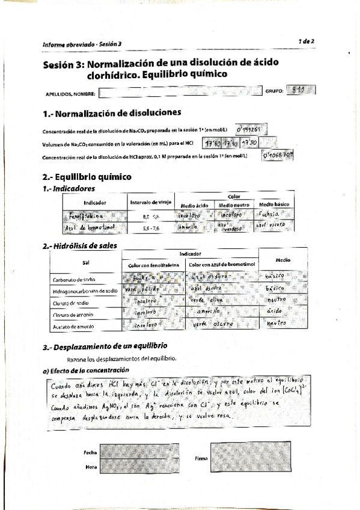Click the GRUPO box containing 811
(x=301, y=91)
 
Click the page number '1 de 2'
(x=307, y=40)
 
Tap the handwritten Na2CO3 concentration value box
(x=251, y=129)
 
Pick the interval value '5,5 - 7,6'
(x=151, y=229)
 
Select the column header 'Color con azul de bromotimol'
(x=222, y=265)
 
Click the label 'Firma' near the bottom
(x=201, y=458)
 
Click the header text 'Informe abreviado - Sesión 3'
(x=82, y=44)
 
